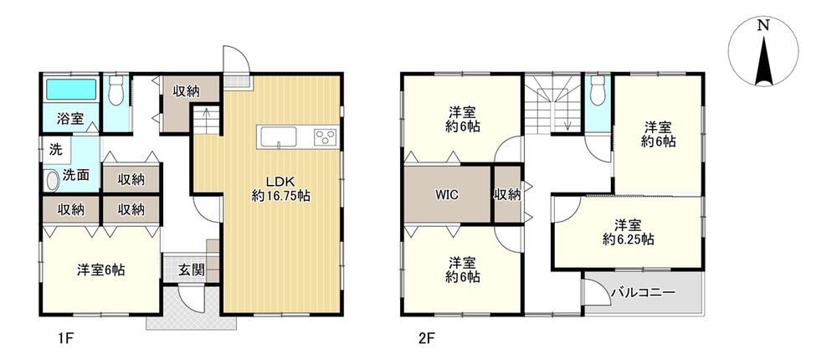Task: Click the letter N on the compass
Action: (x=764, y=25)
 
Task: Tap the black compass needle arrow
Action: (x=764, y=61)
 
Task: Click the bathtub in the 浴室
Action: (x=70, y=90)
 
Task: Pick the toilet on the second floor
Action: (x=598, y=90)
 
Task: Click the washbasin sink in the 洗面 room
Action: (x=52, y=181)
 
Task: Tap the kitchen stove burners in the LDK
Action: (x=325, y=138)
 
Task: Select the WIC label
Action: (x=447, y=194)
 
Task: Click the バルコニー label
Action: (x=643, y=293)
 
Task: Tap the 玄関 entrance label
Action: (x=191, y=270)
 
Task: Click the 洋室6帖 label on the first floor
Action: (x=100, y=270)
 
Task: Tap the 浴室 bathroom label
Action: (x=70, y=119)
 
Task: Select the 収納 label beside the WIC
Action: (x=506, y=195)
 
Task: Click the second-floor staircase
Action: (x=552, y=104)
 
